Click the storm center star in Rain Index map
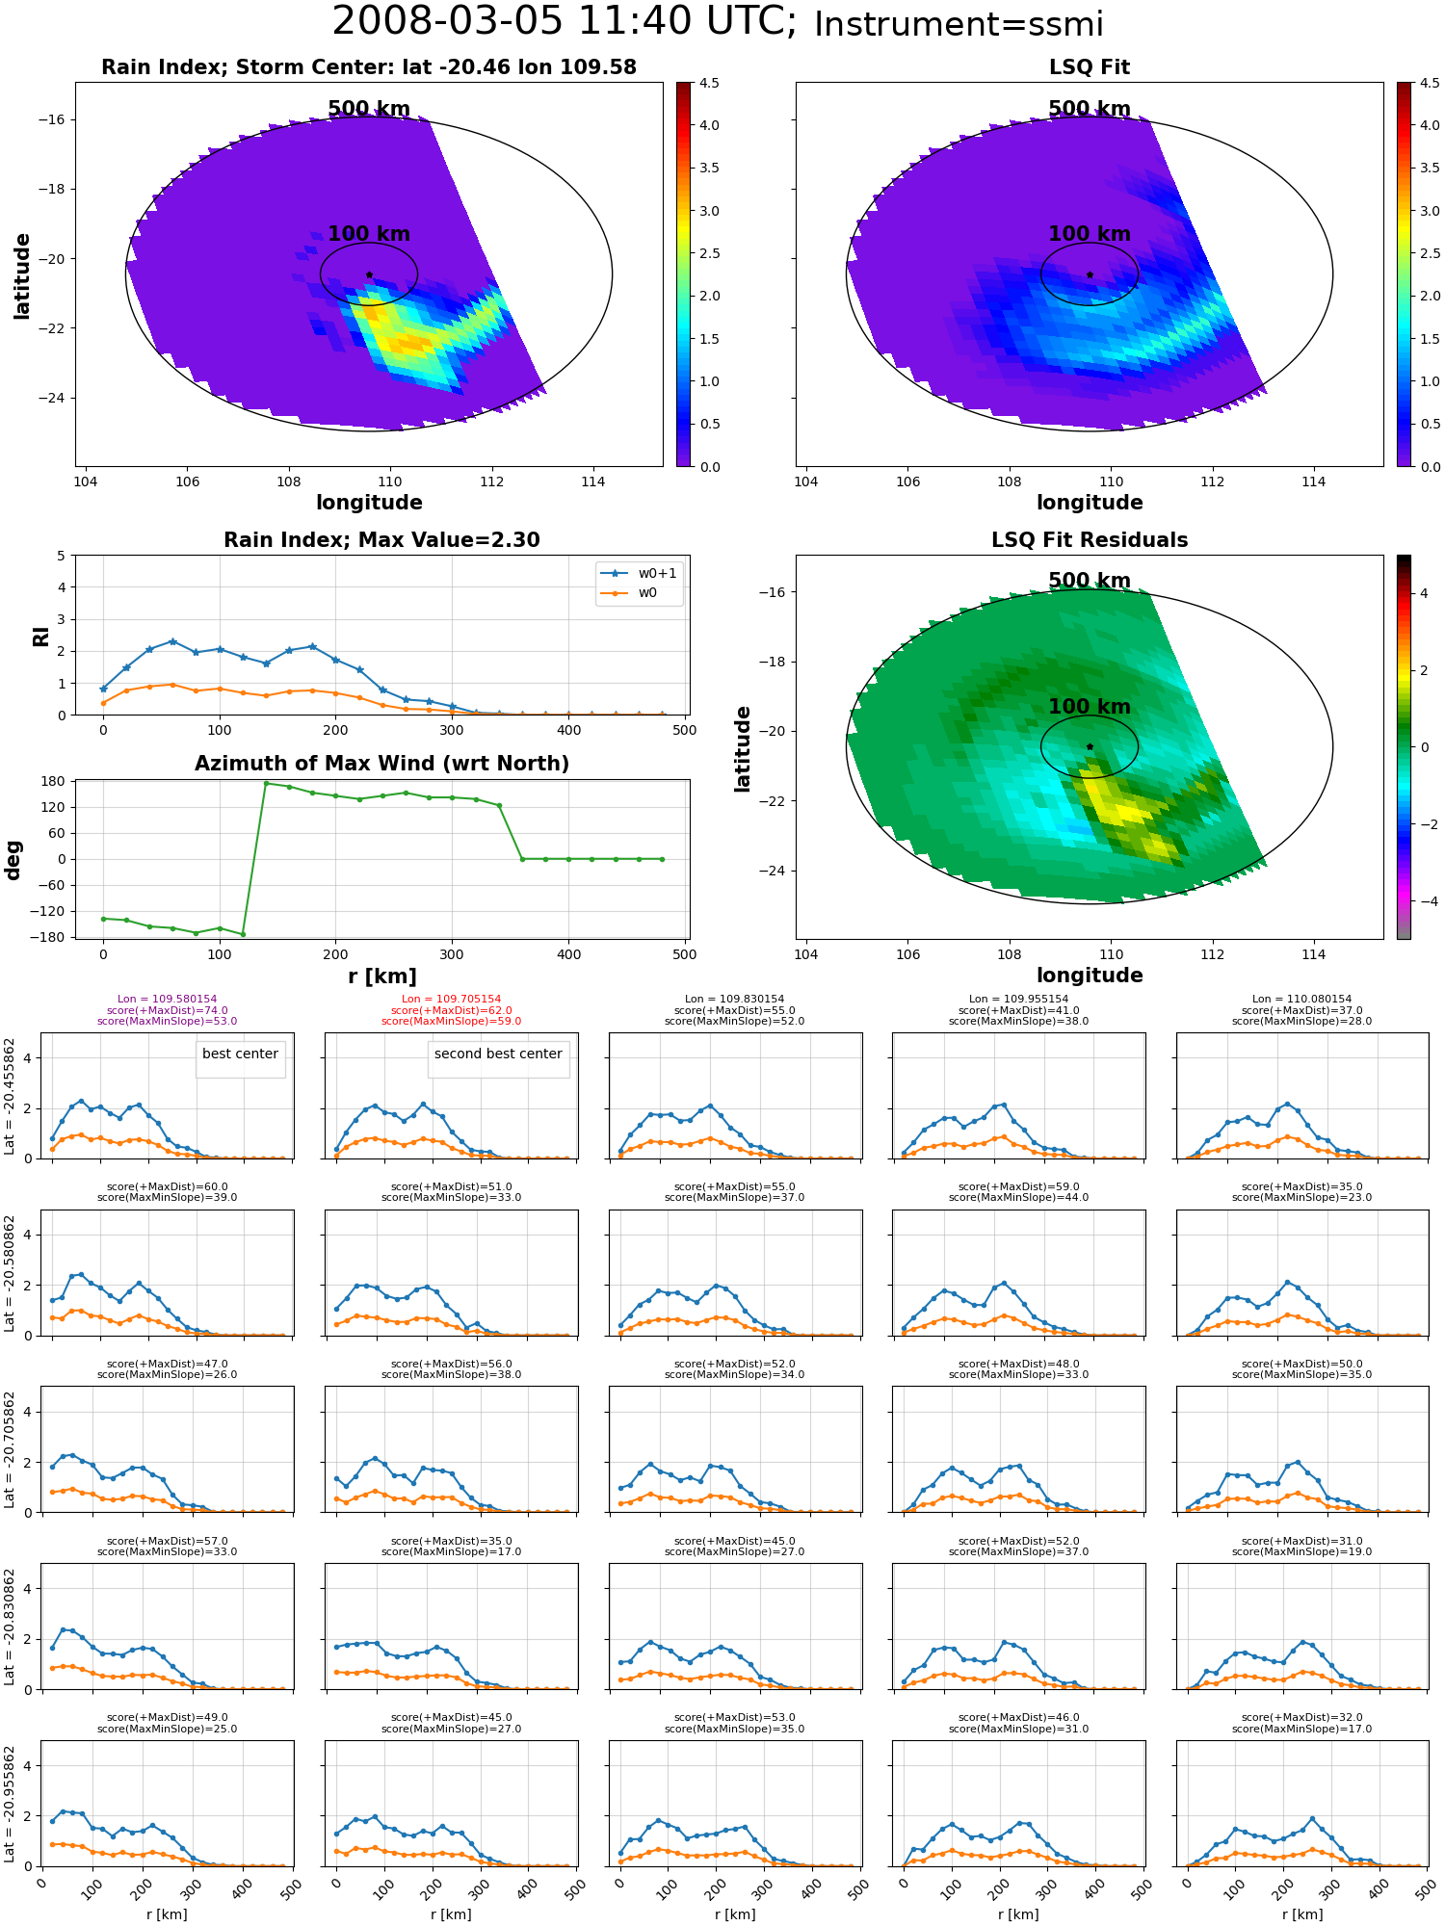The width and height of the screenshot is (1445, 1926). click(369, 274)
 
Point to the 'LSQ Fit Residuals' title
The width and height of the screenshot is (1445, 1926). click(1090, 540)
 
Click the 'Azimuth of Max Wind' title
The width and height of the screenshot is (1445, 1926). click(381, 764)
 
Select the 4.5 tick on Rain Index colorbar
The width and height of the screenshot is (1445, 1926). click(709, 83)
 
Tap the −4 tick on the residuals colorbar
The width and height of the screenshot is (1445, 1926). click(1424, 901)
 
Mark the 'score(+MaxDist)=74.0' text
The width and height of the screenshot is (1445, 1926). click(167, 1010)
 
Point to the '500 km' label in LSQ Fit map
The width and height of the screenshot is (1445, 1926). click(1090, 109)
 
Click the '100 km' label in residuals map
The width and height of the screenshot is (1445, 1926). click(1090, 707)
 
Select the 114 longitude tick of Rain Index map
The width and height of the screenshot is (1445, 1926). click(593, 481)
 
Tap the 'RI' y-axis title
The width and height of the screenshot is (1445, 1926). click(40, 636)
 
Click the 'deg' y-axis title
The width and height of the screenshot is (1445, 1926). click(13, 860)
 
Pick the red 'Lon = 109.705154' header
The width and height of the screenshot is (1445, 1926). click(451, 1000)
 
